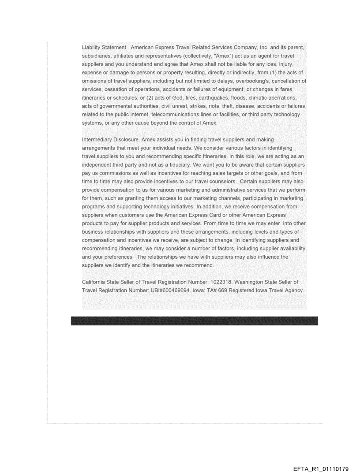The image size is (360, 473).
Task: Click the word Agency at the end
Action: [x=293, y=290]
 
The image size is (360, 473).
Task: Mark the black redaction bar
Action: [x=194, y=321]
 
